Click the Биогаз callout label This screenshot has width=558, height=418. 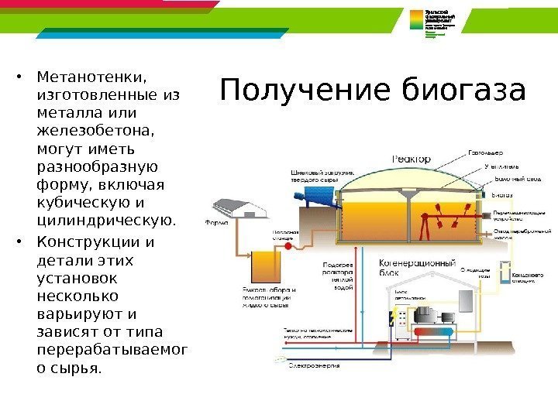505,194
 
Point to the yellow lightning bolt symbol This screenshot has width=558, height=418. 396,317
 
